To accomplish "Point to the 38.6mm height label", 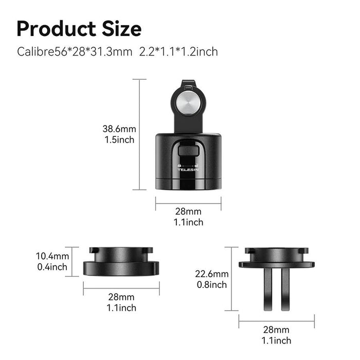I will [x=118, y=129].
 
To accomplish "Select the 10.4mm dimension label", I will [x=52, y=256].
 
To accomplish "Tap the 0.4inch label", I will [x=52, y=266].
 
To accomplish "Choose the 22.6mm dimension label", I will [x=212, y=274].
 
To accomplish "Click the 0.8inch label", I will [x=212, y=284].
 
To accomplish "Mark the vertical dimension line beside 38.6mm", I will [x=139, y=134].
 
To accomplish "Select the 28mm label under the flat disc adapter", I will [x=121, y=297].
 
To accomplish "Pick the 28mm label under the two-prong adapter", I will [x=276, y=330].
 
